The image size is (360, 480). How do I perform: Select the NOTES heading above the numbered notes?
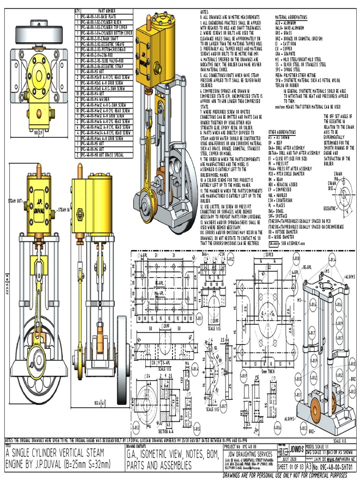205,10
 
